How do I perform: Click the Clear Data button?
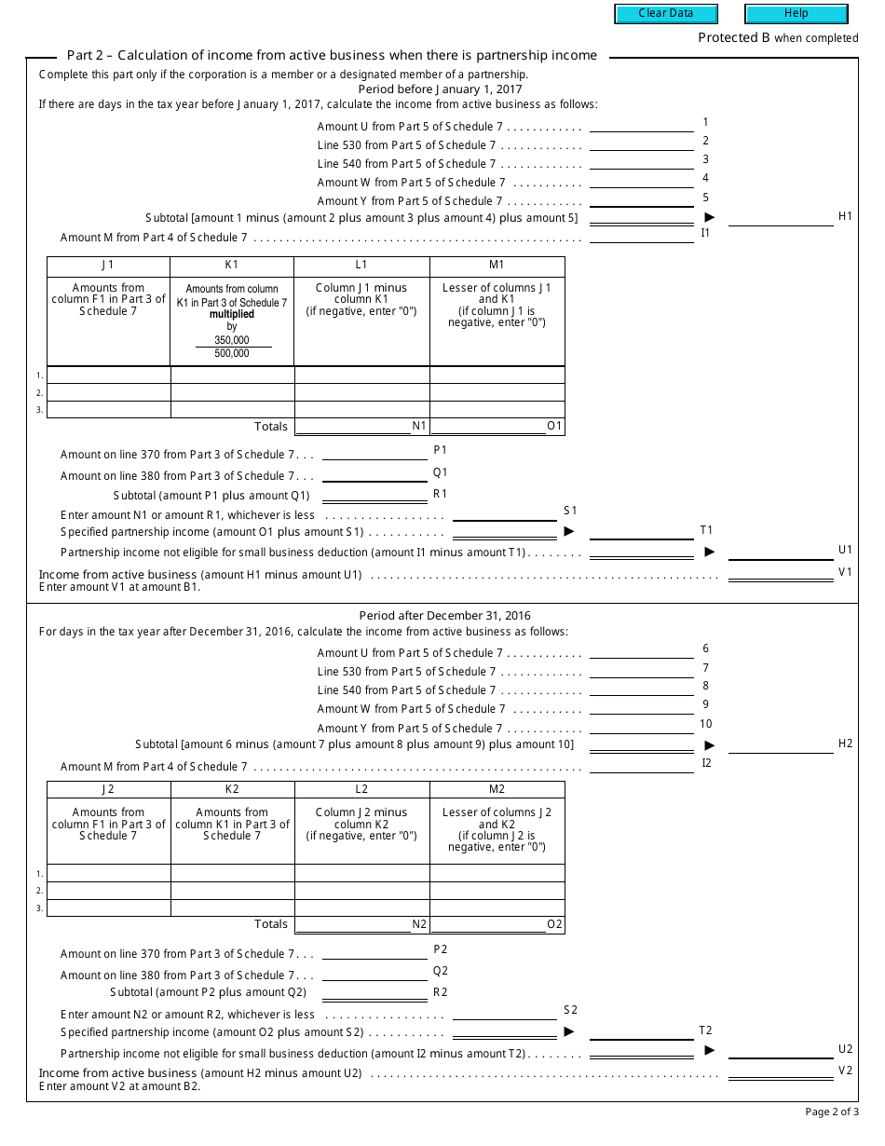click(x=666, y=14)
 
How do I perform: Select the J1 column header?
click(x=108, y=266)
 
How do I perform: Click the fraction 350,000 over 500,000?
click(x=232, y=347)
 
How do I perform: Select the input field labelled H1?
click(x=780, y=218)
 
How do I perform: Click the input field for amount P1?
click(x=374, y=454)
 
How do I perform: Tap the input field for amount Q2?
click(x=374, y=974)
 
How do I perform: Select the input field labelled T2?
click(x=642, y=1031)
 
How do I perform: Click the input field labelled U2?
click(x=780, y=1051)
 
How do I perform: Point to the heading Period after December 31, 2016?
click(x=445, y=616)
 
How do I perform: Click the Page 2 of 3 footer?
click(x=832, y=1112)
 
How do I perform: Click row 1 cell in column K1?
click(x=232, y=375)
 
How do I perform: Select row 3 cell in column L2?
click(x=361, y=907)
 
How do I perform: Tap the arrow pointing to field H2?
click(x=709, y=745)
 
